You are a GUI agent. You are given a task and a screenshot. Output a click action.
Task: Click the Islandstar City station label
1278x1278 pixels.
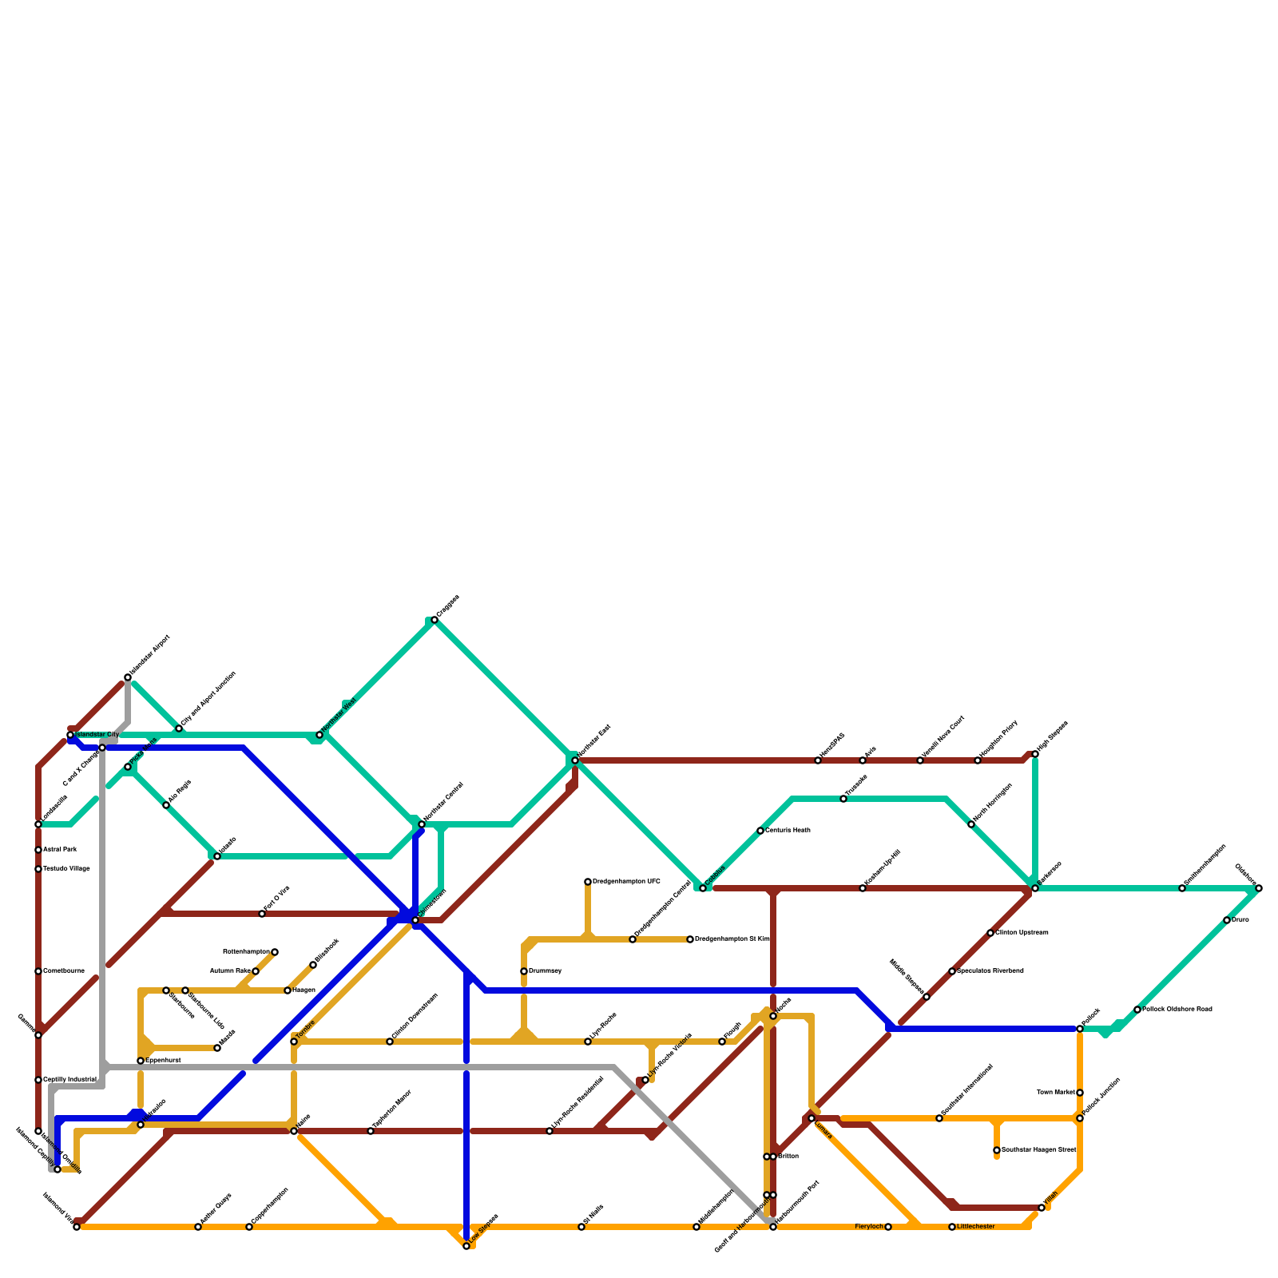[97, 734]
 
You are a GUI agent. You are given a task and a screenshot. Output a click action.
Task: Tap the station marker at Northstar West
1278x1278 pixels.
[319, 735]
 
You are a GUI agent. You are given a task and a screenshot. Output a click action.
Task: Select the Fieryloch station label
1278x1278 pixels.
[869, 1226]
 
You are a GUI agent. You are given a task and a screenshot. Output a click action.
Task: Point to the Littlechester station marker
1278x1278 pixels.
[952, 1227]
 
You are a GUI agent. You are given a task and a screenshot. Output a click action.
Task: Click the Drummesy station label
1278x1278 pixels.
[546, 971]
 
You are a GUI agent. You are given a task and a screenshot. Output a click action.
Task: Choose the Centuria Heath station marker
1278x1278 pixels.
[760, 831]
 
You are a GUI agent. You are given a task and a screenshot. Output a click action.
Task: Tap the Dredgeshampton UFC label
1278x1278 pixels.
[626, 882]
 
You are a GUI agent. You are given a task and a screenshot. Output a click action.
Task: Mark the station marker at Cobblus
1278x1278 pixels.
[703, 888]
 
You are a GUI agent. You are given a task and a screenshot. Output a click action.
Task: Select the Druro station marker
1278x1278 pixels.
[1227, 920]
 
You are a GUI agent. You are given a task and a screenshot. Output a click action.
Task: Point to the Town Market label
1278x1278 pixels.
[1054, 1093]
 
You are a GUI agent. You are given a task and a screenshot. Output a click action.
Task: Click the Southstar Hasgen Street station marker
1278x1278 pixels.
[997, 1150]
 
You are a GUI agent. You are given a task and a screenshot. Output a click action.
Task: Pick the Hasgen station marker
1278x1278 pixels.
[288, 990]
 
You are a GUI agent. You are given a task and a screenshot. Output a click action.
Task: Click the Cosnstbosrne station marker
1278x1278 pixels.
[38, 971]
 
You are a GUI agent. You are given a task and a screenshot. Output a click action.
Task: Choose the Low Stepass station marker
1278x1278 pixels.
[466, 1246]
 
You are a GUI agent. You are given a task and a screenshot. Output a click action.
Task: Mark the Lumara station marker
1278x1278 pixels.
[812, 1118]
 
